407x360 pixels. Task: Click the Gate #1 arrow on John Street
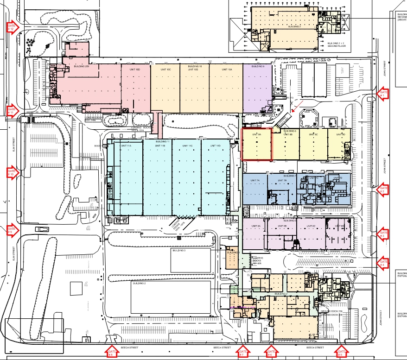383,94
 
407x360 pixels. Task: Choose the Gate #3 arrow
383,234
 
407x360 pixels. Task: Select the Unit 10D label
128,69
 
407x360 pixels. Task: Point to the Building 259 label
81,67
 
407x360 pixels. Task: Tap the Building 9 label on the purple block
258,67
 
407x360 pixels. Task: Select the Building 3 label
179,250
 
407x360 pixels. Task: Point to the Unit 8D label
341,134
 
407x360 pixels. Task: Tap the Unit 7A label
255,180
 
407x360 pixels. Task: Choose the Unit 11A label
126,146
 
